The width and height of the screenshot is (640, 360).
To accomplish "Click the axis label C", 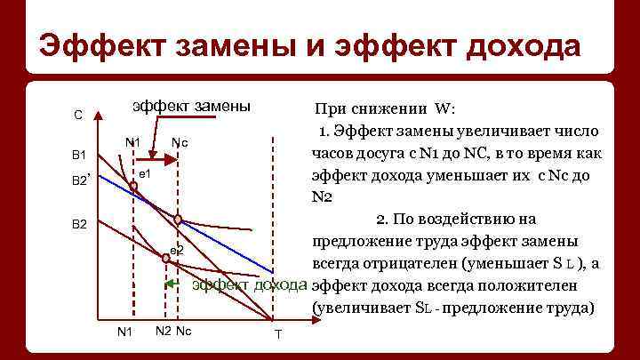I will (x=78, y=115).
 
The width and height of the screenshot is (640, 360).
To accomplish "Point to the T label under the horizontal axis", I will (x=277, y=334).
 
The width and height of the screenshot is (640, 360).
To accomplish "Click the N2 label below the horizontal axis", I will (x=163, y=332).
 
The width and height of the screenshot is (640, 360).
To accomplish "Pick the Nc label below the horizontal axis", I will (x=184, y=332).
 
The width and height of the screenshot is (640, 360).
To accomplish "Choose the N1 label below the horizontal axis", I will (x=125, y=332).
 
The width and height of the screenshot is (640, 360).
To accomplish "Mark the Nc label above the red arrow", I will (x=179, y=142).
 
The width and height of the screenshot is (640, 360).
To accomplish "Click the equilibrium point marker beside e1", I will (x=133, y=186).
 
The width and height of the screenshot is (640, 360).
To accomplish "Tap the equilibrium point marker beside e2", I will (x=165, y=257).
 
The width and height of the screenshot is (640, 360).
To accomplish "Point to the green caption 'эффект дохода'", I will (x=250, y=285).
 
